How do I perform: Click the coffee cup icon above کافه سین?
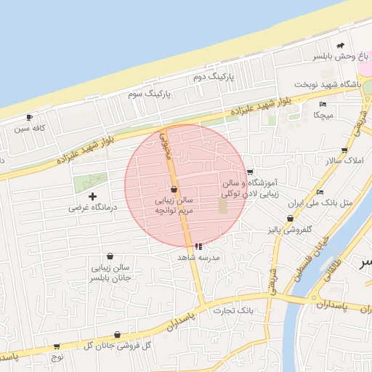(29, 117)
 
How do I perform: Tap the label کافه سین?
(33, 129)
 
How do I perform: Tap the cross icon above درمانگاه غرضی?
(92, 196)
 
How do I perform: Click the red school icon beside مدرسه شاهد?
(199, 246)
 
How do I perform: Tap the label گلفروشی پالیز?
(291, 230)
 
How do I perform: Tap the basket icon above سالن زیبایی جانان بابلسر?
(110, 256)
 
